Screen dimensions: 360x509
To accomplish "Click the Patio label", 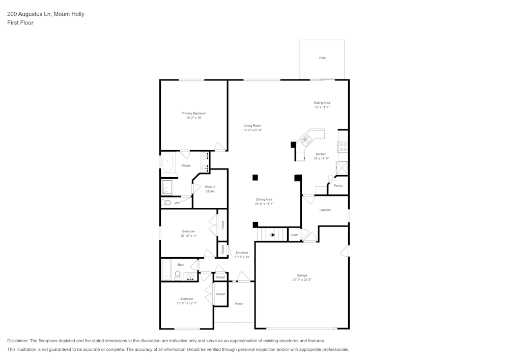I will (x=323, y=58).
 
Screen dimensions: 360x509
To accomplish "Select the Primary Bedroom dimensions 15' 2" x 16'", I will (x=194, y=118).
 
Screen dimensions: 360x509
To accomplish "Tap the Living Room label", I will (x=252, y=126).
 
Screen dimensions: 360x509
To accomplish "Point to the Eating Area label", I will (x=322, y=103).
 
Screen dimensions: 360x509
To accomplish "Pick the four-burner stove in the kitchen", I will (x=343, y=147).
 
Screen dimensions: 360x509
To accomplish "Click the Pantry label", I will (x=338, y=186).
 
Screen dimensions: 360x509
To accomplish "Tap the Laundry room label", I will (x=325, y=210).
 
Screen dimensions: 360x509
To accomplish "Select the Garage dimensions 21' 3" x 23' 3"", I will (x=302, y=280).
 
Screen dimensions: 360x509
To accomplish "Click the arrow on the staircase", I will (x=272, y=235).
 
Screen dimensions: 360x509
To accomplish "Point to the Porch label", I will (x=239, y=304).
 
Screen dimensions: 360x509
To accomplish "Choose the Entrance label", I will (x=242, y=253).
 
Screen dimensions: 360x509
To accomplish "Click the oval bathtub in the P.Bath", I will (x=168, y=163).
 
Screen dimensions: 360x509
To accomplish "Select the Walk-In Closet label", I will (x=210, y=189).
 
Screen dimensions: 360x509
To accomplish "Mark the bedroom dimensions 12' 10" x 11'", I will (x=188, y=236).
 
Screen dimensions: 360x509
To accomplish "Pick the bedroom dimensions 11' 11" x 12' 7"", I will (x=187, y=303).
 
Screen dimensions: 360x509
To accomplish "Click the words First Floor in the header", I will (x=20, y=23).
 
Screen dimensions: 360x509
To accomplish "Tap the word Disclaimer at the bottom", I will (x=18, y=341).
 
